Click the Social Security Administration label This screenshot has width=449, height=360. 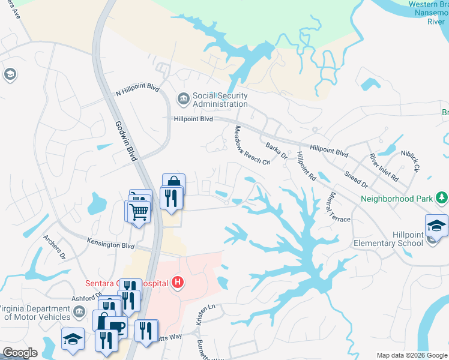pos(220,100)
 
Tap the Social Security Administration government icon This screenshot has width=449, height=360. pos(182,97)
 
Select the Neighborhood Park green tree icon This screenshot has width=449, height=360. pos(442,197)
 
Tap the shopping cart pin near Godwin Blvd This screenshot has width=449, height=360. pos(138,211)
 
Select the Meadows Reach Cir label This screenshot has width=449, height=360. pos(252,148)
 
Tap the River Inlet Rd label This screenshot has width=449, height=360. pos(384,167)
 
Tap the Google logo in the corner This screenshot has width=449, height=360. pos(20,353)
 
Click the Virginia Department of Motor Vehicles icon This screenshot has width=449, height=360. pos(79,311)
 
